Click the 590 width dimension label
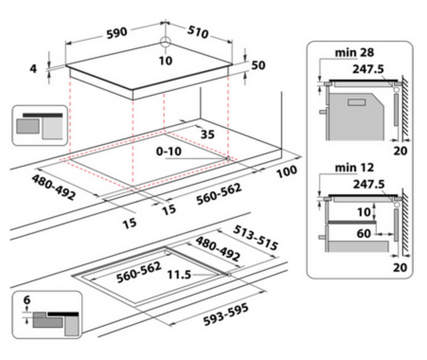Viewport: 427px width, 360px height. [x=117, y=33]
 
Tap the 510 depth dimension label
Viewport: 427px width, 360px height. [x=198, y=32]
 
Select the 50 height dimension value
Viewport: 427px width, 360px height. [x=258, y=65]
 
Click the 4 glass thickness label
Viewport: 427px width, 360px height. [x=33, y=69]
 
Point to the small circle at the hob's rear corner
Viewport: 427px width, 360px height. [x=165, y=42]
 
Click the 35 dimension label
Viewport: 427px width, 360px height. [x=207, y=135]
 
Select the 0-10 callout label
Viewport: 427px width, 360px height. [x=169, y=151]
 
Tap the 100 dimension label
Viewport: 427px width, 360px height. [x=286, y=171]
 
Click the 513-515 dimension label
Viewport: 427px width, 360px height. [x=255, y=238]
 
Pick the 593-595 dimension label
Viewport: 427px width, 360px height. [x=226, y=314]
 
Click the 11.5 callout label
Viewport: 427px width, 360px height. [x=179, y=275]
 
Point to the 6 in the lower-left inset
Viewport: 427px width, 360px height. [x=27, y=300]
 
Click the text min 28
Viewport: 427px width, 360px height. [x=354, y=53]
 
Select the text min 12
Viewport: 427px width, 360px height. [x=354, y=168]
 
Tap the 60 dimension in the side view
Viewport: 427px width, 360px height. [x=364, y=234]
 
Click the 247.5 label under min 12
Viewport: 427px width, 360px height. [x=369, y=184]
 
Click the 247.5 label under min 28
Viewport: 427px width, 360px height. [x=368, y=69]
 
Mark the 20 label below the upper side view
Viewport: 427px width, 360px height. [x=400, y=151]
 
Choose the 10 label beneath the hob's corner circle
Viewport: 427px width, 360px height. [x=166, y=61]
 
